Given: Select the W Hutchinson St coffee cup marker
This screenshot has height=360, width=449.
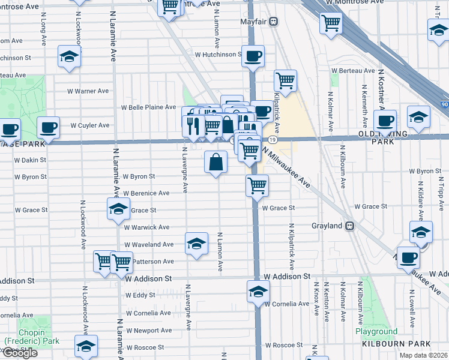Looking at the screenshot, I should (253, 56).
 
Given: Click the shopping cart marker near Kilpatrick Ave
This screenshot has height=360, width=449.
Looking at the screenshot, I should (286, 80).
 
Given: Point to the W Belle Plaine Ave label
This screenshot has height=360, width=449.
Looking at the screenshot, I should (148, 107).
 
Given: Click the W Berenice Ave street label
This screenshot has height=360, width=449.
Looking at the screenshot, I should (146, 193).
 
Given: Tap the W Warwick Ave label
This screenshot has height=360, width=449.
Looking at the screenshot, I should (146, 227).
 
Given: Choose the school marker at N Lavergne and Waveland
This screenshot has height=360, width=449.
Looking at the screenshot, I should (196, 244).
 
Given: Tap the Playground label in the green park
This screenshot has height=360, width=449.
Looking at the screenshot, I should (376, 331).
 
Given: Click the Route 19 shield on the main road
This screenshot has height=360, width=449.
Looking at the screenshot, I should (272, 140).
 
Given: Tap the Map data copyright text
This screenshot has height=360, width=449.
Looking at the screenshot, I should (424, 355).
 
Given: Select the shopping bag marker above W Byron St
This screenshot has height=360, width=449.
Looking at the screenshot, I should (215, 161).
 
